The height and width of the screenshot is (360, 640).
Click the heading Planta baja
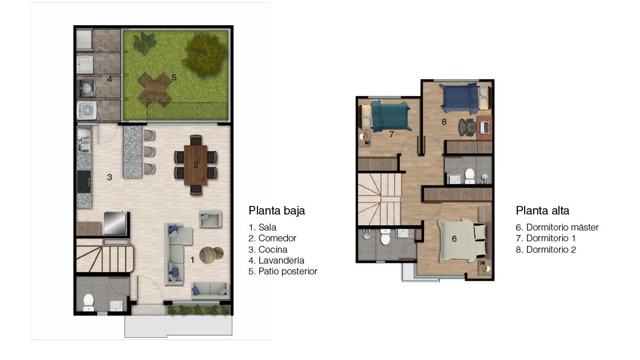click(277, 211)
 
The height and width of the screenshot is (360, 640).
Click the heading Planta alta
click(542, 211)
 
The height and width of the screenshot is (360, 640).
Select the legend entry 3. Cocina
click(268, 249)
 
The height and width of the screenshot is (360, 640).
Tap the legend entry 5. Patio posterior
click(283, 272)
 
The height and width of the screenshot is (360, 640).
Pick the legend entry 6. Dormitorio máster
click(557, 228)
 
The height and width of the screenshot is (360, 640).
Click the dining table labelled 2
click(195, 165)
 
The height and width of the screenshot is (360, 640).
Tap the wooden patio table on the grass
click(154, 89)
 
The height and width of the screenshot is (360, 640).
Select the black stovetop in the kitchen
click(84, 181)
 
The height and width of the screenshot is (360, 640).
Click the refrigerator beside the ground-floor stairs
click(115, 223)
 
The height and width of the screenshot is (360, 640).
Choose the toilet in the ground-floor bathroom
click(88, 302)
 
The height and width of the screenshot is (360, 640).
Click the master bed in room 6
click(460, 241)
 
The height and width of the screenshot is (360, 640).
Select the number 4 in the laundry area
click(110, 79)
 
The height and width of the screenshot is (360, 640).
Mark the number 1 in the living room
click(192, 260)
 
